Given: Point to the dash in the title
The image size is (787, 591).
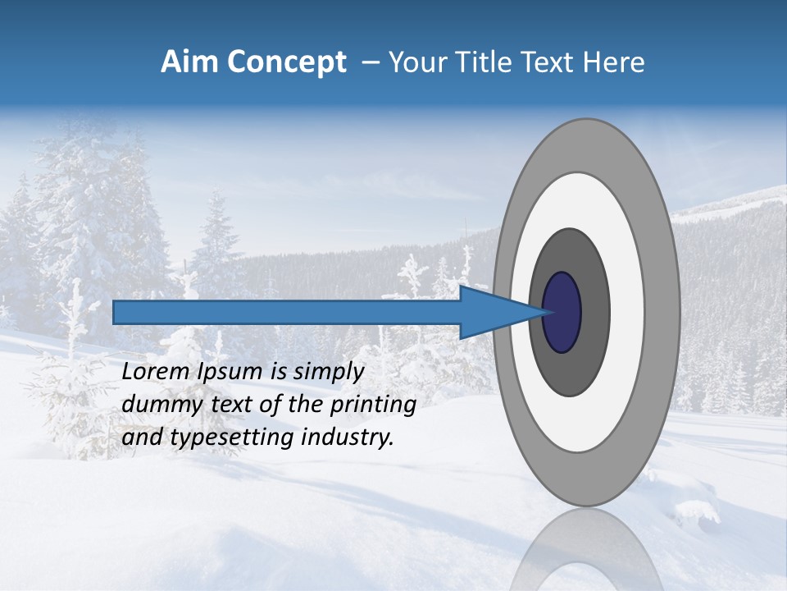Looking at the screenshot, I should pyautogui.click(x=368, y=63).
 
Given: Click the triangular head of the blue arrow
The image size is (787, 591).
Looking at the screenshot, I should pyautogui.click(x=492, y=312).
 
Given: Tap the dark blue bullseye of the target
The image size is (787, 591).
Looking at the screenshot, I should pyautogui.click(x=562, y=312).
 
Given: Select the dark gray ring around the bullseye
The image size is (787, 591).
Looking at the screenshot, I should pyautogui.click(x=594, y=312).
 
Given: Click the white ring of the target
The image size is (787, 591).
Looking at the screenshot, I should pyautogui.click(x=626, y=312).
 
